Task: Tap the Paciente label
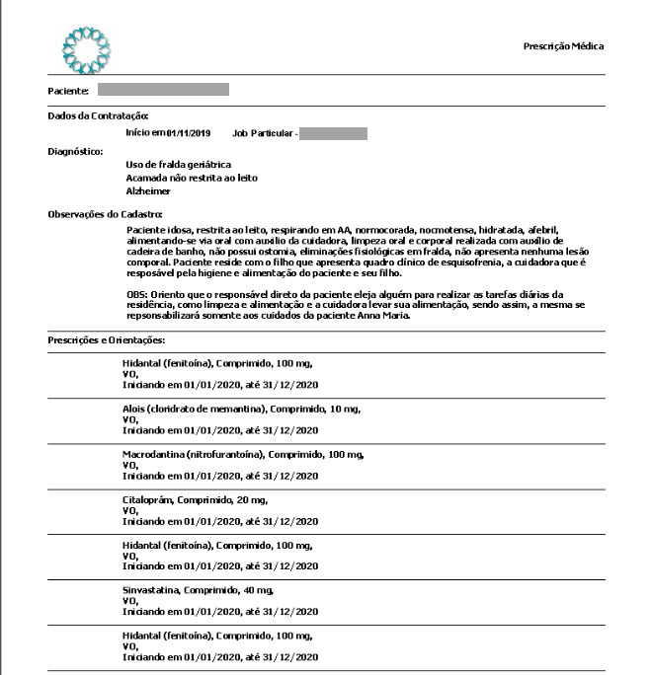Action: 68,91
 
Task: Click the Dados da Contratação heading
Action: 98,116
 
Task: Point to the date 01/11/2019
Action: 189,132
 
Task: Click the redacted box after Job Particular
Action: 333,132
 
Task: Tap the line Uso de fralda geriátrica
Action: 178,163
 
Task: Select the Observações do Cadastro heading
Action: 105,214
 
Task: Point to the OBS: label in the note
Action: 137,295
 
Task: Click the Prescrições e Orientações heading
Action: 108,340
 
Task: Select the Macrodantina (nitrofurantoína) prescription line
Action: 242,454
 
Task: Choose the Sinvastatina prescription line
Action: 197,590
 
